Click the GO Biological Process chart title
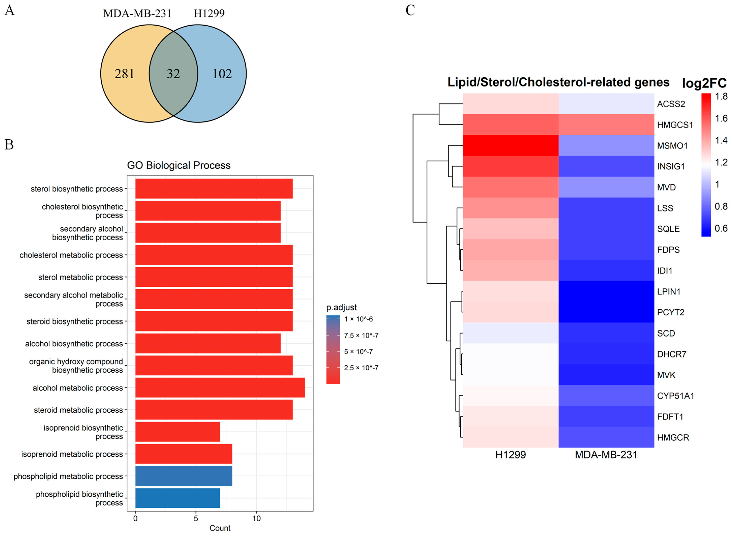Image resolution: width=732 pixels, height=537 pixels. click(179, 165)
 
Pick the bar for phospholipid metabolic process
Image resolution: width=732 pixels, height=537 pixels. click(184, 476)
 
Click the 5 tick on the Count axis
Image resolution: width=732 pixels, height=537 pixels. click(196, 518)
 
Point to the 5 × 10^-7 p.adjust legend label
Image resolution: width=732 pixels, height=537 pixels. click(358, 352)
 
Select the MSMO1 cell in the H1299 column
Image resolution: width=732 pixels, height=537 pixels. click(510, 146)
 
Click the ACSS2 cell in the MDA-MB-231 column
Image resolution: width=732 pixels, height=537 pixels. click(606, 104)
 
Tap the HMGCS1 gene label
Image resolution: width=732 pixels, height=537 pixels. click(675, 125)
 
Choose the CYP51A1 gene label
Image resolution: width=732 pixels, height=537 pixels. click(675, 396)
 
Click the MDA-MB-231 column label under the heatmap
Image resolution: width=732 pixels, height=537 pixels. click(606, 455)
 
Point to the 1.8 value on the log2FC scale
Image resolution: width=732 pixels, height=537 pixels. click(721, 97)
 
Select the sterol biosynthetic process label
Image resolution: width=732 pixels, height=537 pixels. click(77, 189)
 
